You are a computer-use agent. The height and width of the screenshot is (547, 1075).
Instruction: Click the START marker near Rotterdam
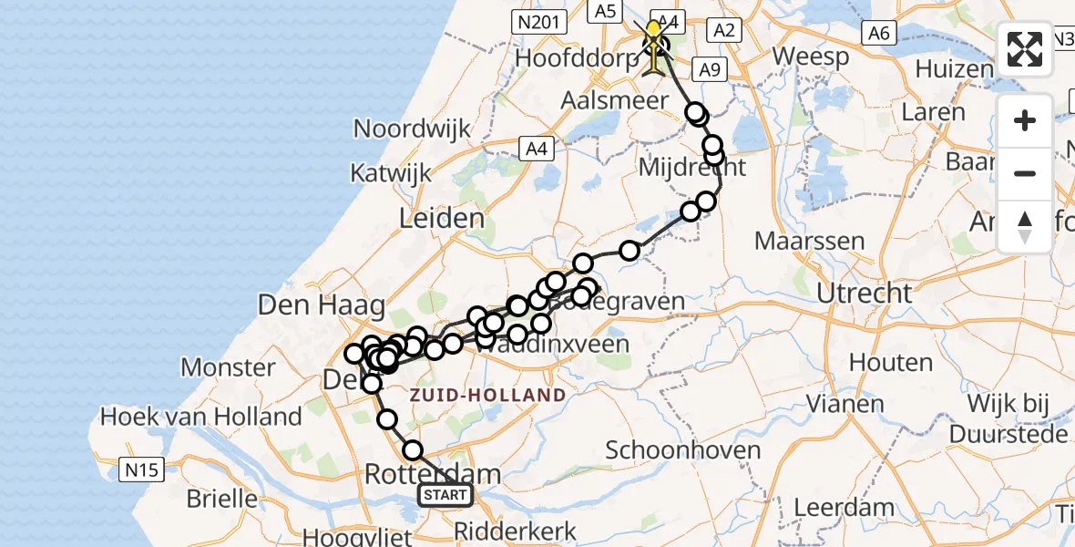click(445, 495)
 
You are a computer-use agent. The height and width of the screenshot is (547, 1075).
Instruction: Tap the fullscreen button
click(1025, 49)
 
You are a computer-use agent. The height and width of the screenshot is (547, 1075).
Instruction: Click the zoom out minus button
click(1025, 173)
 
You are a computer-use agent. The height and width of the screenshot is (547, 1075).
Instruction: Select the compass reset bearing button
click(1025, 226)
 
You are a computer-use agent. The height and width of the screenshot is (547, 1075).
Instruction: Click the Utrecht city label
click(865, 294)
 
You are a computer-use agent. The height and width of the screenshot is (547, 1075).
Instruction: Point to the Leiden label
click(442, 219)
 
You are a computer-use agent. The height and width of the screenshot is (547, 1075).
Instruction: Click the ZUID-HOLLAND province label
click(487, 395)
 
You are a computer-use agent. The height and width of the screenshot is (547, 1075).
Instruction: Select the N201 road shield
click(535, 22)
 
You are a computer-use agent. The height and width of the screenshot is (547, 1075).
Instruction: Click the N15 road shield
click(142, 470)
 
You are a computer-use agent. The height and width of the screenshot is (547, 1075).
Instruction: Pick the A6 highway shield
click(878, 33)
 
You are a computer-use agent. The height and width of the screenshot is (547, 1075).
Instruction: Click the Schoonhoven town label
click(682, 450)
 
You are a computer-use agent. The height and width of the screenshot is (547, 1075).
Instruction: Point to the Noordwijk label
click(412, 129)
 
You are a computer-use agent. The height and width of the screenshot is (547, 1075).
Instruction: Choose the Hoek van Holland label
click(201, 417)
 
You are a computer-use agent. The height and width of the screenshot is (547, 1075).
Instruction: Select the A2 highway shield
click(724, 30)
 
